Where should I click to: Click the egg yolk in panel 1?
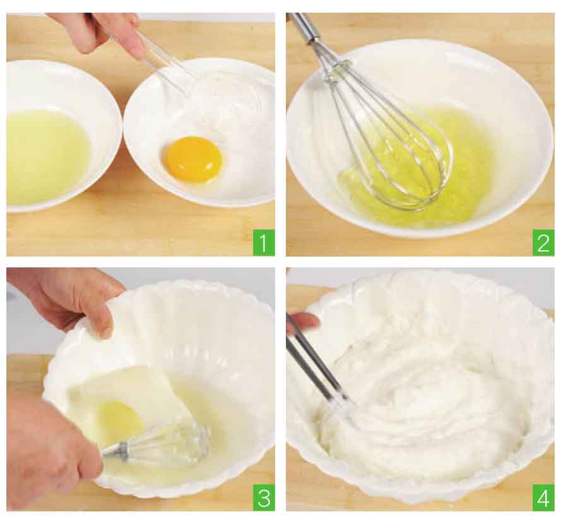pyautogui.click(x=193, y=159)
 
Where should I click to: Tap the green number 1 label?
pyautogui.click(x=263, y=242)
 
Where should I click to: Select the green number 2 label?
pyautogui.click(x=543, y=242)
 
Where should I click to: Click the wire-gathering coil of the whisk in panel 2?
pyautogui.click(x=339, y=69)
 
